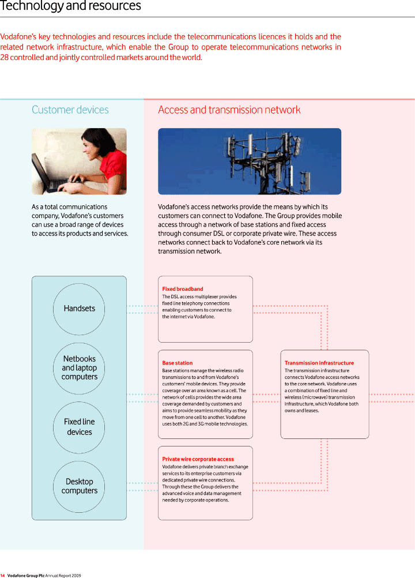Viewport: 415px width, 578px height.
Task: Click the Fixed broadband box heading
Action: (183, 289)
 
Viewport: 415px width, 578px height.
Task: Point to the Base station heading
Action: (177, 363)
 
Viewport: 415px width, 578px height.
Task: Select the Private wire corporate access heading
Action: (198, 459)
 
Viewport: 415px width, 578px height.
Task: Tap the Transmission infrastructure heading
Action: (319, 363)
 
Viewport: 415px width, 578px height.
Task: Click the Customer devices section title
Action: (70, 110)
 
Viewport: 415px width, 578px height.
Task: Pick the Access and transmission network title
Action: (229, 110)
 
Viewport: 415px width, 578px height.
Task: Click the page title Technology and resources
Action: (70, 6)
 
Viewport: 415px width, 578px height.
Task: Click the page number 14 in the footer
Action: (2, 576)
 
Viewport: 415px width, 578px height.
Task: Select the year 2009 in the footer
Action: (76, 576)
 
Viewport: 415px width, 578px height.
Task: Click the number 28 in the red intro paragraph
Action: (4, 58)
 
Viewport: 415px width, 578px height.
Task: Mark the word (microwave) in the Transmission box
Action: (312, 397)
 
